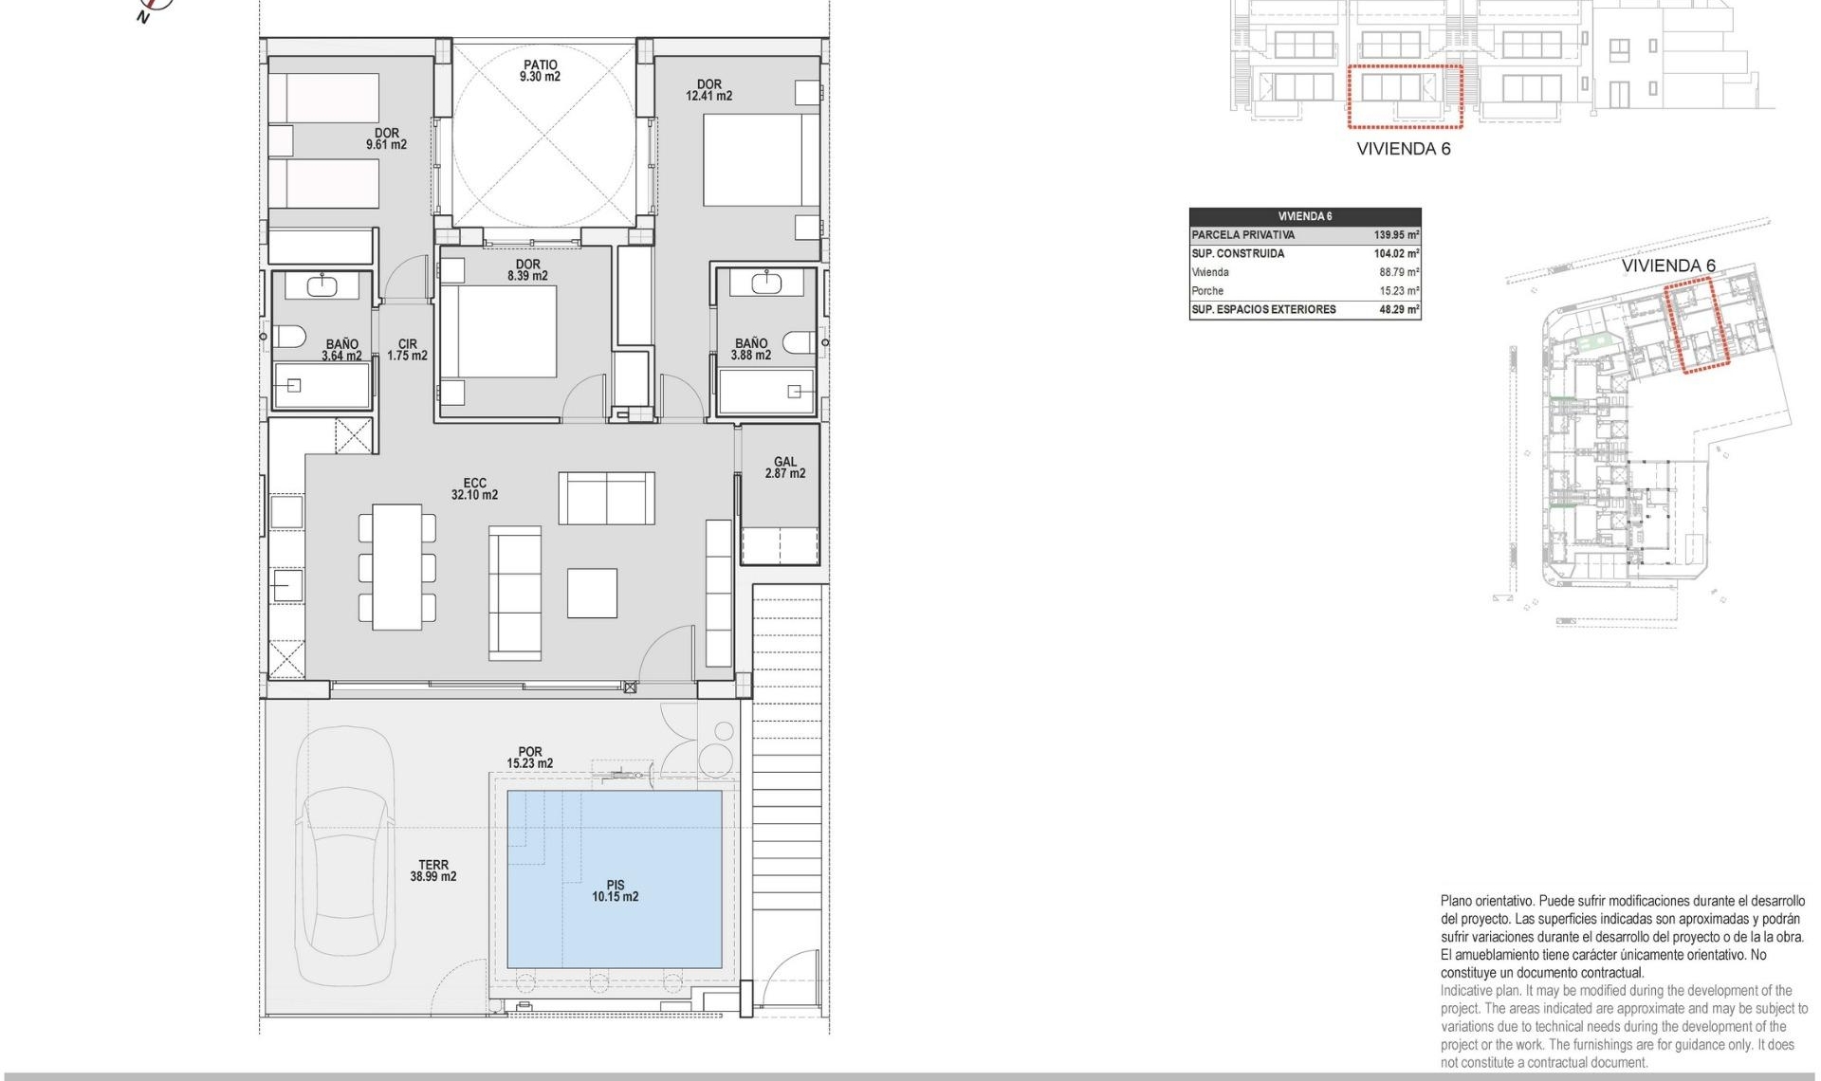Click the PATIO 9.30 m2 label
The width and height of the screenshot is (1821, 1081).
[540, 71]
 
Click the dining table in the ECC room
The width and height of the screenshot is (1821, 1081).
[396, 567]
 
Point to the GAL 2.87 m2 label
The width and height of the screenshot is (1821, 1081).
[785, 467]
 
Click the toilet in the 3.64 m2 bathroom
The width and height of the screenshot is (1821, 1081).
[289, 336]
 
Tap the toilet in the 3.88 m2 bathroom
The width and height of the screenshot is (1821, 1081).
[799, 341]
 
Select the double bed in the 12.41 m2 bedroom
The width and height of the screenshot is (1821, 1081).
[761, 159]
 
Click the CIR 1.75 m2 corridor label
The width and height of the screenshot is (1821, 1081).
[407, 350]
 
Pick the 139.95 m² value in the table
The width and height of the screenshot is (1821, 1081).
[1396, 235]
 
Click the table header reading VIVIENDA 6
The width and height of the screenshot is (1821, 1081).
[1305, 216]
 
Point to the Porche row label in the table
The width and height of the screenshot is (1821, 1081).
[1207, 291]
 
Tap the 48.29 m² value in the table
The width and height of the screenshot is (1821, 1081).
[1398, 310]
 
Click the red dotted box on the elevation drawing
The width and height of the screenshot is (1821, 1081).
[1405, 96]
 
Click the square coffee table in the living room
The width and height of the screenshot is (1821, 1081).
[592, 594]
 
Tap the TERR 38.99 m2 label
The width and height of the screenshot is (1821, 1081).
[433, 870]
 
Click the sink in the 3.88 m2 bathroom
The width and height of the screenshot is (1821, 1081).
[765, 282]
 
